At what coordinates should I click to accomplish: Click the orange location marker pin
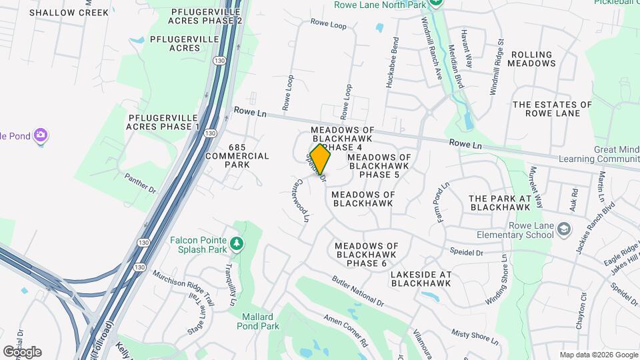click(321, 159)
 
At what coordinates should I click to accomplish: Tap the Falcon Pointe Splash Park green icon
click(235, 243)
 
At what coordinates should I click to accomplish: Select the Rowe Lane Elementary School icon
click(564, 229)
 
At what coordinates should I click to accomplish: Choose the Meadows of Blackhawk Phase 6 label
click(367, 255)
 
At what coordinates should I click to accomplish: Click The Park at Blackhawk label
click(499, 203)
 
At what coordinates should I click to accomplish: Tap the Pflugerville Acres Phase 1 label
click(163, 121)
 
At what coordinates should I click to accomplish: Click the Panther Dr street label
click(140, 183)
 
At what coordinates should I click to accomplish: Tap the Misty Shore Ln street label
click(475, 337)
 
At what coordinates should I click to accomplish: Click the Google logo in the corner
click(22, 351)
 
